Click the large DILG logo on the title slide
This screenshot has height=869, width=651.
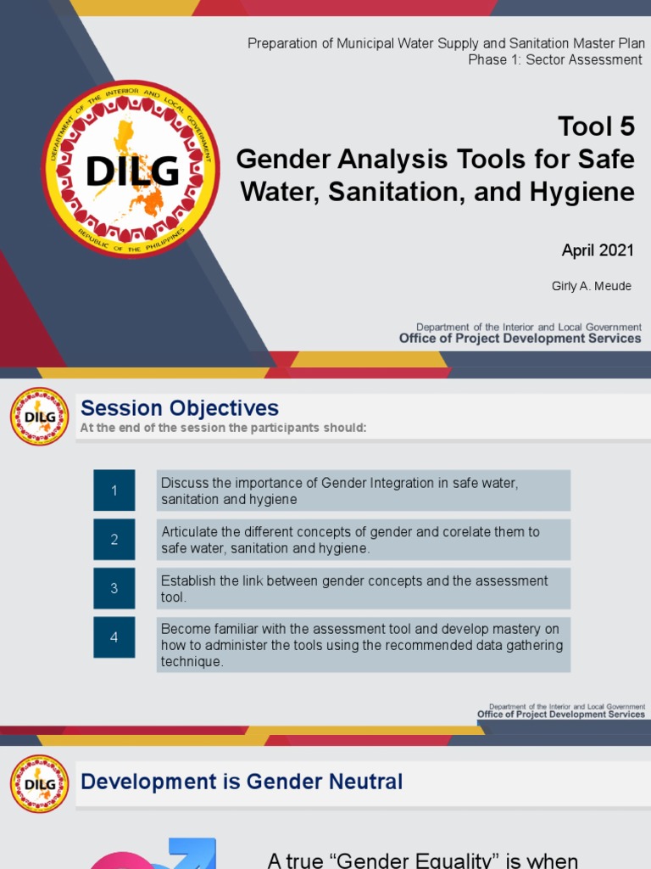tap(131, 170)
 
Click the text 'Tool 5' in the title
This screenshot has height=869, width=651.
tap(596, 126)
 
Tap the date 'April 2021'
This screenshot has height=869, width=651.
tap(597, 250)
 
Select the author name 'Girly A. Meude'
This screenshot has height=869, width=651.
tap(591, 286)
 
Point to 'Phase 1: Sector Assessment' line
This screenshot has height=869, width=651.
tap(554, 59)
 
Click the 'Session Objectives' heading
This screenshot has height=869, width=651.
tap(179, 408)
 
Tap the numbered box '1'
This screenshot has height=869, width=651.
tap(114, 491)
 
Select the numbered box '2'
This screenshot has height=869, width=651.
tap(114, 540)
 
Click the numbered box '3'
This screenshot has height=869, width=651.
tap(114, 588)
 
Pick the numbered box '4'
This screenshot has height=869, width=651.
tap(114, 637)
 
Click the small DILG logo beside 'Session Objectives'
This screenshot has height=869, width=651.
tap(39, 417)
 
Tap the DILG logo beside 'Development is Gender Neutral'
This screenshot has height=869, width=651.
tap(39, 784)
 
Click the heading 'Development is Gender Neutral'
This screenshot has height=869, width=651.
tap(242, 782)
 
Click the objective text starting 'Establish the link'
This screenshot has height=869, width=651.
tap(354, 588)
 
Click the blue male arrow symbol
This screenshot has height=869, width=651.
tap(194, 852)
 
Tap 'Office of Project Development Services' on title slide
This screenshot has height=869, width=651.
tap(520, 339)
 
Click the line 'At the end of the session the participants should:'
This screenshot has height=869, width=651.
tap(223, 428)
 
